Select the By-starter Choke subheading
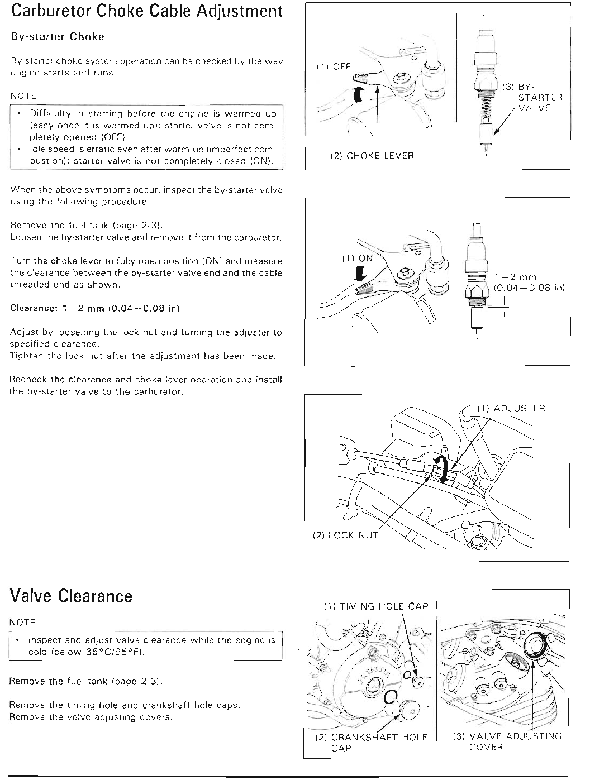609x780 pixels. point(58,37)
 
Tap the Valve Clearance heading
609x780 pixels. point(71,596)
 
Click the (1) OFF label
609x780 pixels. point(334,66)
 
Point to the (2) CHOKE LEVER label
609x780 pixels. point(373,156)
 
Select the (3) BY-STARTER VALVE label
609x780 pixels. point(534,97)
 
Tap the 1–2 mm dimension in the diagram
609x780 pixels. point(515,277)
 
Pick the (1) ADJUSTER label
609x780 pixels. point(511,408)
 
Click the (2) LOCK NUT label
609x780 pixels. point(345,535)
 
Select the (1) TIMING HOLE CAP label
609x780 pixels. point(375,606)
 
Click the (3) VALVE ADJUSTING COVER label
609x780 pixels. point(507,741)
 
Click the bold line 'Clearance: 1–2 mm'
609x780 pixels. point(94,308)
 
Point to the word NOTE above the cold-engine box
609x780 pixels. point(22,622)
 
